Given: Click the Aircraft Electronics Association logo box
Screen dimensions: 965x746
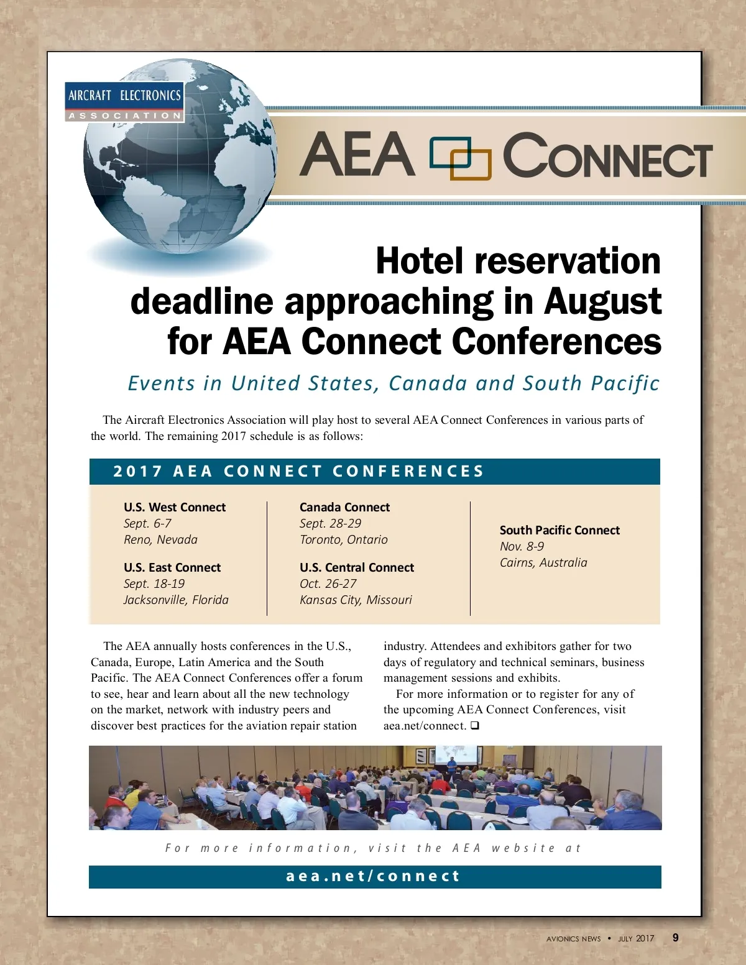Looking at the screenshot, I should (x=125, y=101).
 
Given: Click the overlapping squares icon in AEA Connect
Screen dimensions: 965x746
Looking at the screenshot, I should (x=460, y=158).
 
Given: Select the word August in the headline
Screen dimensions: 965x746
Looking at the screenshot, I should (x=602, y=301).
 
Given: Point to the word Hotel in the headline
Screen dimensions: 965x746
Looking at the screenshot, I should (x=420, y=261).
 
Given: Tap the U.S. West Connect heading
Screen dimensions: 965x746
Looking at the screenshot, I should (x=175, y=507).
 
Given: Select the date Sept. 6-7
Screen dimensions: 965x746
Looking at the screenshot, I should (x=147, y=523).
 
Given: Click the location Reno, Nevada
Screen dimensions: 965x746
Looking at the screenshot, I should (x=160, y=539).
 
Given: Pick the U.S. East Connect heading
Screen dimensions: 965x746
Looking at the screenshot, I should (x=172, y=567).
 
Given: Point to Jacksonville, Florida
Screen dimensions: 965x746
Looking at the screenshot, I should (x=176, y=600).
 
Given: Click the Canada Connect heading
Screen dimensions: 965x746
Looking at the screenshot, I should (x=344, y=507).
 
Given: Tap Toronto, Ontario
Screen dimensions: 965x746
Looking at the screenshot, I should (x=343, y=539).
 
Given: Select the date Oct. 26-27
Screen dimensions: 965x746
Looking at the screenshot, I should (x=328, y=583).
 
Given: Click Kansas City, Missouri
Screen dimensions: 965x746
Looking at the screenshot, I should (x=356, y=600).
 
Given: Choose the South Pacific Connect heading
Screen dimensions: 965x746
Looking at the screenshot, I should (x=559, y=530).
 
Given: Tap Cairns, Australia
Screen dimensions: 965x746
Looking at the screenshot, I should (x=543, y=562).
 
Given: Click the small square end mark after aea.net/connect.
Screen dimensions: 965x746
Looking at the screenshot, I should (x=475, y=725).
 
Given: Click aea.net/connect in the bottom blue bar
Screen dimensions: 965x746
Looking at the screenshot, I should (x=373, y=876).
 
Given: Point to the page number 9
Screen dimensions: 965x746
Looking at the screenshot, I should (x=676, y=938).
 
